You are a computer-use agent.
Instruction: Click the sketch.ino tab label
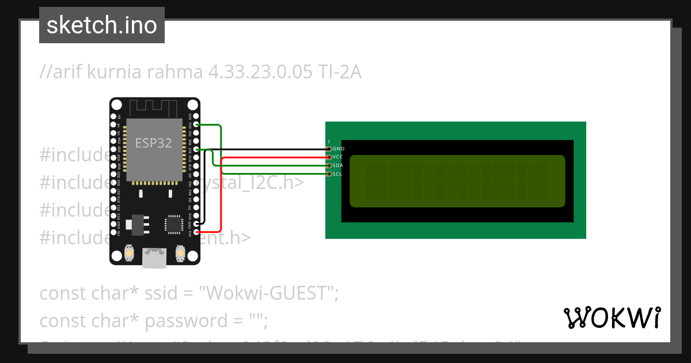click(x=101, y=25)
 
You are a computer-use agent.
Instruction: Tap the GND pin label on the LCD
click(x=338, y=149)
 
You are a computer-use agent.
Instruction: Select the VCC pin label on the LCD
click(x=338, y=157)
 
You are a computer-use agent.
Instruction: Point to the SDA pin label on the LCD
click(x=338, y=165)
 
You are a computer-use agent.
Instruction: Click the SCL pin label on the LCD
click(x=338, y=173)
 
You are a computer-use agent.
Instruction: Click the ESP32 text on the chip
click(x=153, y=143)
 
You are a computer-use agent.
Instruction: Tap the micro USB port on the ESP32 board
click(x=154, y=258)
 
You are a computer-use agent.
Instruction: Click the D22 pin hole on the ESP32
click(x=197, y=124)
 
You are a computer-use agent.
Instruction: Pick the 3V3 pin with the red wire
click(x=197, y=232)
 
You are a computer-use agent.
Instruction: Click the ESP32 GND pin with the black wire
click(x=197, y=224)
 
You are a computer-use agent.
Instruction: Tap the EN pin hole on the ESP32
click(x=113, y=116)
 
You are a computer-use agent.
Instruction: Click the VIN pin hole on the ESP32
click(x=113, y=232)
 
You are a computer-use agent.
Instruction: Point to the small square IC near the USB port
click(x=173, y=224)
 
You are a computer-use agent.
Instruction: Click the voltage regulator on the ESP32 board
click(x=138, y=224)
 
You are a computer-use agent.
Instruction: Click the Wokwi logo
click(x=612, y=317)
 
